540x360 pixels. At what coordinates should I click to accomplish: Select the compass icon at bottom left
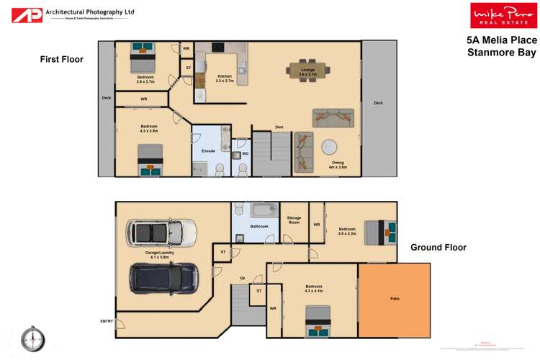(x=33, y=336)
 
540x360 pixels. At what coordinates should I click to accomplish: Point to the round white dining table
(x=330, y=147)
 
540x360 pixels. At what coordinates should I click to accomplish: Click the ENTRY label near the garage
(x=107, y=321)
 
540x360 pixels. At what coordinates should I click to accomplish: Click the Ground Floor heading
(x=438, y=247)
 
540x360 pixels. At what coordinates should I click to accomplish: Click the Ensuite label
(x=208, y=150)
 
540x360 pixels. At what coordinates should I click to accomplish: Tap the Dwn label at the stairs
(x=279, y=127)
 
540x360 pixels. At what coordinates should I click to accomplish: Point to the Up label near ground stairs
(x=242, y=278)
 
